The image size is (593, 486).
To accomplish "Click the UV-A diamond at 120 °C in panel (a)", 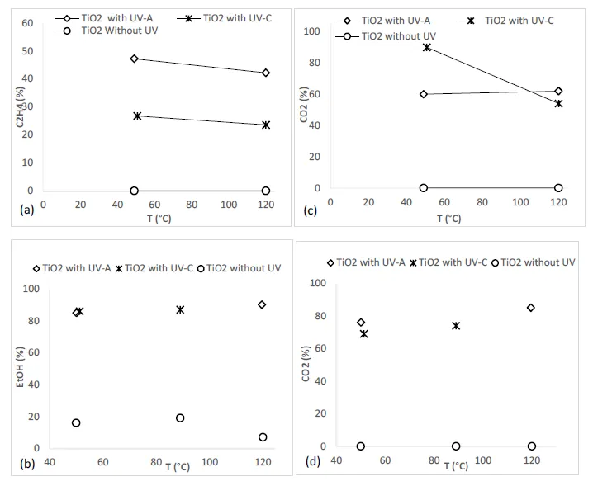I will point(265,73).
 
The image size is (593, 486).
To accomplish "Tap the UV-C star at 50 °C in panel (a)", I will point(137,116).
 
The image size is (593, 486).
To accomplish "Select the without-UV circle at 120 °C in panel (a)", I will point(265,191).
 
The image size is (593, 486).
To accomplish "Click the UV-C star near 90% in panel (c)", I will point(427,47).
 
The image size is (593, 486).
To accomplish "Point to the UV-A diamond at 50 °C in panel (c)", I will point(424,94).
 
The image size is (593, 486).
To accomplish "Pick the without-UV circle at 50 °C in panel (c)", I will point(424,188).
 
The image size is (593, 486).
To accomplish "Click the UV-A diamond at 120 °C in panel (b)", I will point(262,304).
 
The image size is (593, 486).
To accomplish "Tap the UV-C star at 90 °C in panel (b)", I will point(180,309).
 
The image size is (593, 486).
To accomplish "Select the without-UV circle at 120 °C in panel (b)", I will point(263,437).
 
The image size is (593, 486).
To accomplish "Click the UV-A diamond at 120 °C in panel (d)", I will point(531,308).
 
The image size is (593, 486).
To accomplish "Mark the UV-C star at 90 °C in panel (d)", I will point(456,326).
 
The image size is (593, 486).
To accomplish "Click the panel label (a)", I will point(26,210).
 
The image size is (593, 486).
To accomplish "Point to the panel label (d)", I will point(314,462).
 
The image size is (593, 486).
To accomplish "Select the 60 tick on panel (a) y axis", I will point(26,23).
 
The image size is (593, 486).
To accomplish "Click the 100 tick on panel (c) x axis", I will point(520,201).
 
